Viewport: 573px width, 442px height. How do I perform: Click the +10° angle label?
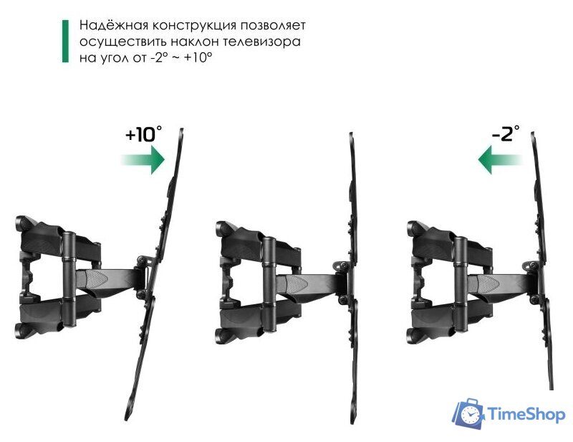(143, 135)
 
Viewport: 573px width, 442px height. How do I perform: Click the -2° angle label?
(505, 135)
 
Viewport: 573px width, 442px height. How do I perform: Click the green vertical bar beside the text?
(65, 42)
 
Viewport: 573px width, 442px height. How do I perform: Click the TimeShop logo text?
(526, 414)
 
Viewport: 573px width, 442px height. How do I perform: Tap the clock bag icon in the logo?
(469, 413)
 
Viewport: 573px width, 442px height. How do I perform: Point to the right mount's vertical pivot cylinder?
(459, 276)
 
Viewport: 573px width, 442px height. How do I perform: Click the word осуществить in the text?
(115, 42)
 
